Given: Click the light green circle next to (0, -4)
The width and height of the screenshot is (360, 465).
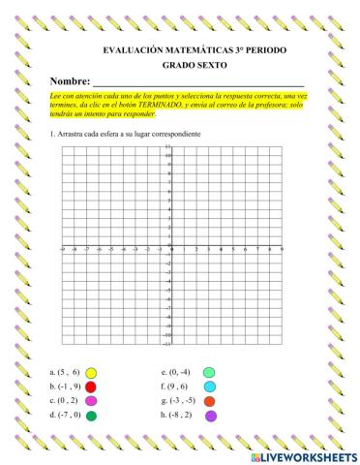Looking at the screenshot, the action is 208,372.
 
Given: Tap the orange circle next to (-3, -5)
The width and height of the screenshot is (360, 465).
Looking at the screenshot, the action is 209,401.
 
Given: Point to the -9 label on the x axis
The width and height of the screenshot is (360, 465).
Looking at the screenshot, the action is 62,251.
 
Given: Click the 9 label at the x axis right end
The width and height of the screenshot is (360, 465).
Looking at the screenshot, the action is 282,251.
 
